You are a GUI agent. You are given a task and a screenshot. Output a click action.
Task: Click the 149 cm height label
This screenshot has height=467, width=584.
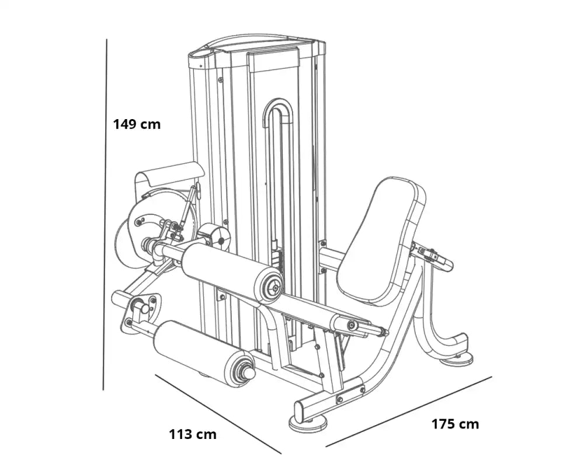pyautogui.click(x=137, y=124)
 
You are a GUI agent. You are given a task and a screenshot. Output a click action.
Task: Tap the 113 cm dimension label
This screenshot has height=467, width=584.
pyautogui.click(x=193, y=434)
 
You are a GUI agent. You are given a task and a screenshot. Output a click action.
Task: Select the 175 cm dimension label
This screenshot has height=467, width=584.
pyautogui.click(x=455, y=424)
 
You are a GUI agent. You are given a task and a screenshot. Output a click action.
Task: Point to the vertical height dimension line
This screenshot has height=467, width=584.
pyautogui.click(x=105, y=214)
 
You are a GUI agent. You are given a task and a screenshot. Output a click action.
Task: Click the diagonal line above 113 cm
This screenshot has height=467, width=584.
pyautogui.click(x=218, y=414)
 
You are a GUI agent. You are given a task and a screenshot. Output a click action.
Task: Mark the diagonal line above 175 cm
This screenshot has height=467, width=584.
pyautogui.click(x=409, y=412)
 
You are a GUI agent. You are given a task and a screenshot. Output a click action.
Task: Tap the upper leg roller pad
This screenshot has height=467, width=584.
pyautogui.click(x=231, y=271)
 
